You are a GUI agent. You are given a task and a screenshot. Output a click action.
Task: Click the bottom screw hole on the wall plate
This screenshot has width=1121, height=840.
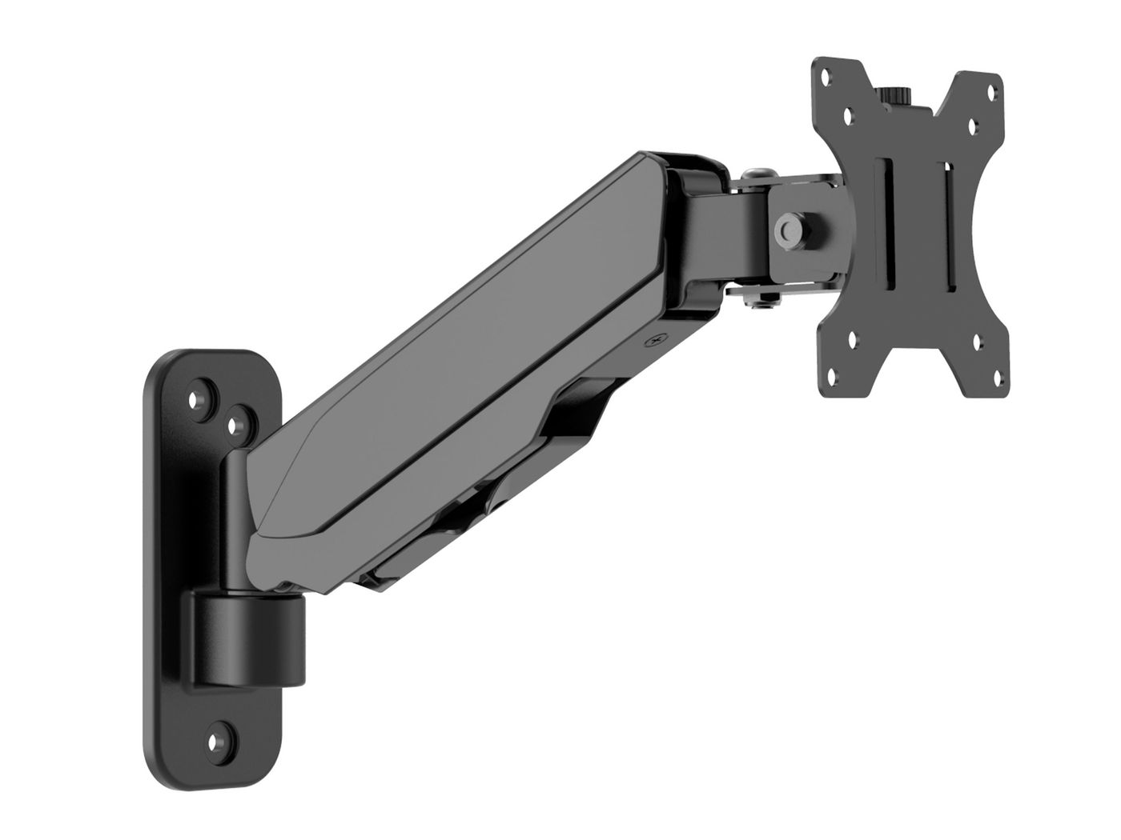[215, 740]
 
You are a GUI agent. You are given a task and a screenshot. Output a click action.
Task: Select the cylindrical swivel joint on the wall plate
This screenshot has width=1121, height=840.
[246, 636]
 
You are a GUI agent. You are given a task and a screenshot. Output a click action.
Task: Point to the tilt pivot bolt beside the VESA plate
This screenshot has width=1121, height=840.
[787, 227]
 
